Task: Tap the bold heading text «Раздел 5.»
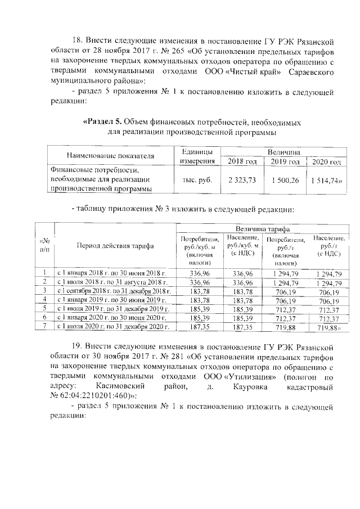(101, 122)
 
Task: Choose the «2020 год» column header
(327, 162)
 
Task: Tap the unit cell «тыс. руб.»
(197, 179)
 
